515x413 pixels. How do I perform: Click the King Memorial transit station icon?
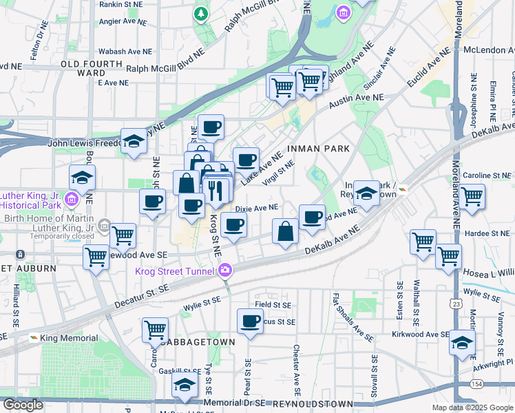[x=34, y=338]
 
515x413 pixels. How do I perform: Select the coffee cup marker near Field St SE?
[x=250, y=320]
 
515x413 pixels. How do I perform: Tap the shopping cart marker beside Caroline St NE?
[x=472, y=195]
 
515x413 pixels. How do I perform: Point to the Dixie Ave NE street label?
[x=257, y=207]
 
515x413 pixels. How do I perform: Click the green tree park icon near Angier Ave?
[x=200, y=13]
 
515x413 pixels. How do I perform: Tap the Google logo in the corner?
[x=23, y=405]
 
